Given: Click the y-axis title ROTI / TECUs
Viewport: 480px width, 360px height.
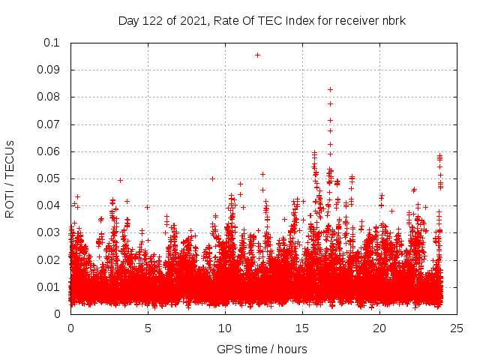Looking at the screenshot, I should coord(10,178).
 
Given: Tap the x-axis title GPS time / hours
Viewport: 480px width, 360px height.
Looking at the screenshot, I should coord(262,349).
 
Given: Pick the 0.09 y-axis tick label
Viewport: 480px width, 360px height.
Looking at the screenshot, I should coord(49,70).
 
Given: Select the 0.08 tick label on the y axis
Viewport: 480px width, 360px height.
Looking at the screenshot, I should coord(49,97).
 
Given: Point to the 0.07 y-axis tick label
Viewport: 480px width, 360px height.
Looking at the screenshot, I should coord(49,124).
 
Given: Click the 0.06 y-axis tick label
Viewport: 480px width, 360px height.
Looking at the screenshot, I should coord(49,151).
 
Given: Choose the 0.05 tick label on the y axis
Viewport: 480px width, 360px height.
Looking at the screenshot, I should coord(49,178).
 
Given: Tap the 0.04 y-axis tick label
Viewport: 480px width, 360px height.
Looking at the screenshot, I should coord(49,205).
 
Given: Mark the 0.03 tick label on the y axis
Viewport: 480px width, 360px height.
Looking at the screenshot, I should coord(49,232).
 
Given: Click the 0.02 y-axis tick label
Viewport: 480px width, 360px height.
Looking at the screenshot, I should coord(49,259).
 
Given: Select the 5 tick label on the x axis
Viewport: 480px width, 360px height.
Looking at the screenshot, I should coord(148,328).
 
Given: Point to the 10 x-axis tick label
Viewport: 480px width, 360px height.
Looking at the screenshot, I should coord(225,328).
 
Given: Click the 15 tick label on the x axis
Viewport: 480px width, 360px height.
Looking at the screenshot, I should coord(302,328).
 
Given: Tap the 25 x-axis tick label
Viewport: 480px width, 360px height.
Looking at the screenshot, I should coord(457,328).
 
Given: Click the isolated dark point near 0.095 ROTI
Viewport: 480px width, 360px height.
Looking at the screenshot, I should coord(257,55).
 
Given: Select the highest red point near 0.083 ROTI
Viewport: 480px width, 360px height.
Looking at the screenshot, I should coord(330,89).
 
